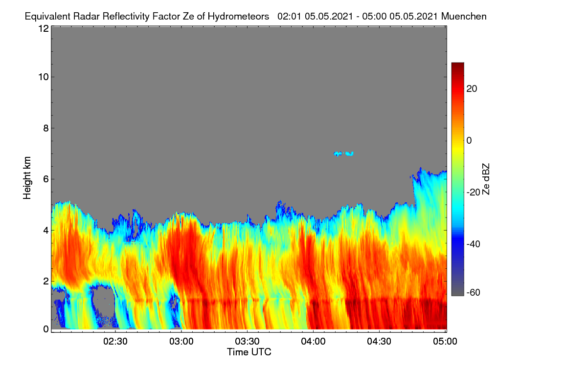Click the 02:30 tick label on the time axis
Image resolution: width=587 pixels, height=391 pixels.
pos(115,342)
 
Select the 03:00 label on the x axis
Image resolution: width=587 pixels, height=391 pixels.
pos(181,342)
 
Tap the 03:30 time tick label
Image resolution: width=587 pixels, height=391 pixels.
pos(247,342)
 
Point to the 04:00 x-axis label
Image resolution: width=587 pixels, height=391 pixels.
pos(313,342)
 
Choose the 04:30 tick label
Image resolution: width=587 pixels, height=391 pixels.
pos(379,342)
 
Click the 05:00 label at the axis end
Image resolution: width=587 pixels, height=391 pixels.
pos(445,342)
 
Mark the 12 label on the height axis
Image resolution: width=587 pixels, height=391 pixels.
pos(44,28)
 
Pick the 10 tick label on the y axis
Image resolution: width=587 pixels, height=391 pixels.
pos(44,77)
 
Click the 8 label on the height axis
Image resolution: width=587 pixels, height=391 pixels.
pos(46,129)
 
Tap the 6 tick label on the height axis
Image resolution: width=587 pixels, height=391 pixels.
pos(46,179)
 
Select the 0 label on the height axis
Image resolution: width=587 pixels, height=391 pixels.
pos(46,329)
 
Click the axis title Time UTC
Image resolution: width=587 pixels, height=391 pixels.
pos(249,352)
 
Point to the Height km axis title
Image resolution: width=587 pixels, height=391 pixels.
pos(27,178)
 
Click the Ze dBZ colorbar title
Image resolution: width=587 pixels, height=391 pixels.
pos(486,179)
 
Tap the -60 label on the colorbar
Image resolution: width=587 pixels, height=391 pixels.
pos(474,293)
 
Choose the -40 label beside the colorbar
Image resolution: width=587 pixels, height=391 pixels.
pos(474,244)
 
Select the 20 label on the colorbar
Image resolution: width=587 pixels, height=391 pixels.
pos(472,89)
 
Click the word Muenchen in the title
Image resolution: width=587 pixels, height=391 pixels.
pos(464,17)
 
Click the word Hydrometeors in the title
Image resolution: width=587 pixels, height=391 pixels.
pos(239,17)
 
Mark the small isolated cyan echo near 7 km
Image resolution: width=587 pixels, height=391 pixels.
pos(343,154)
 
